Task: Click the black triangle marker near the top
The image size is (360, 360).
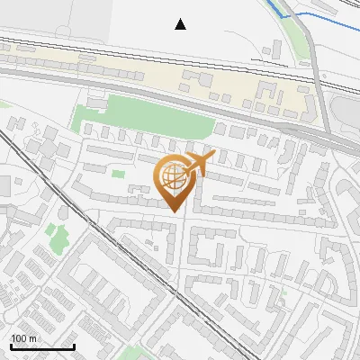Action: tap(181, 24)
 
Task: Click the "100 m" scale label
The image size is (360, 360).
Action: tap(23, 338)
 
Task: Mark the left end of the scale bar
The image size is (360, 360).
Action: tap(11, 346)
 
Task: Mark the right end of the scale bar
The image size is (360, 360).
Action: tap(74, 346)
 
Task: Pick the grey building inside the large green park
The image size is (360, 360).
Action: tap(96, 104)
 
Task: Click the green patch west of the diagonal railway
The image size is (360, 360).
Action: tap(58, 239)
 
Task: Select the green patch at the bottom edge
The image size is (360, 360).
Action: tap(131, 353)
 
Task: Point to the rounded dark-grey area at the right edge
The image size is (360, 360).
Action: tap(346, 112)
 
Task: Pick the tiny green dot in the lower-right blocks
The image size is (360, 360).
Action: tap(283, 292)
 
